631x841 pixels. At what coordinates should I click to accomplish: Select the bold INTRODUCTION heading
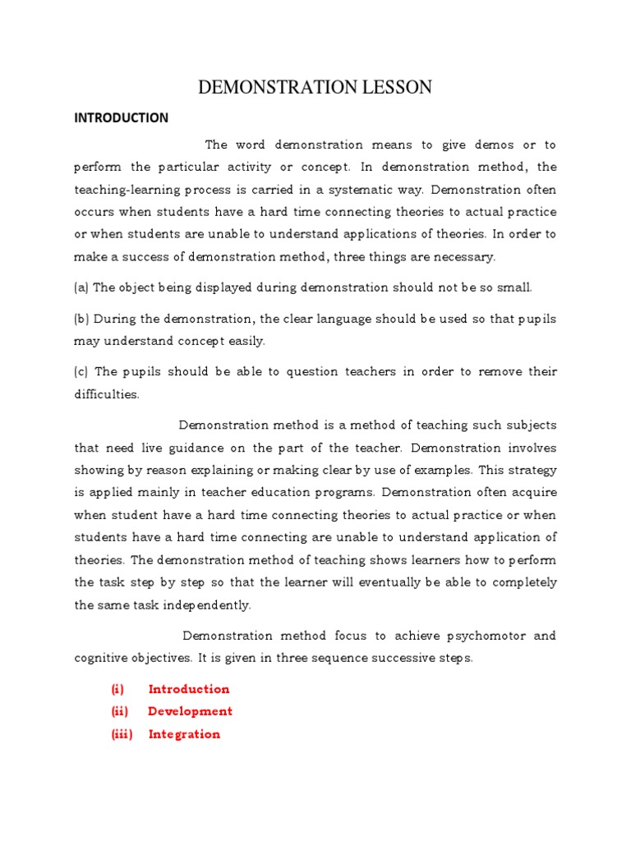(121, 117)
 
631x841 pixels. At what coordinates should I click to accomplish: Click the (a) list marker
(81, 287)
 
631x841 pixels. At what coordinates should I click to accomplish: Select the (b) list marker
(81, 318)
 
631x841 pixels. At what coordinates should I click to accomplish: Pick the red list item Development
(190, 711)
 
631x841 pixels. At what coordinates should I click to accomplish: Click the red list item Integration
(184, 734)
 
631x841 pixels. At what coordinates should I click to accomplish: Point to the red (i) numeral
(117, 689)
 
